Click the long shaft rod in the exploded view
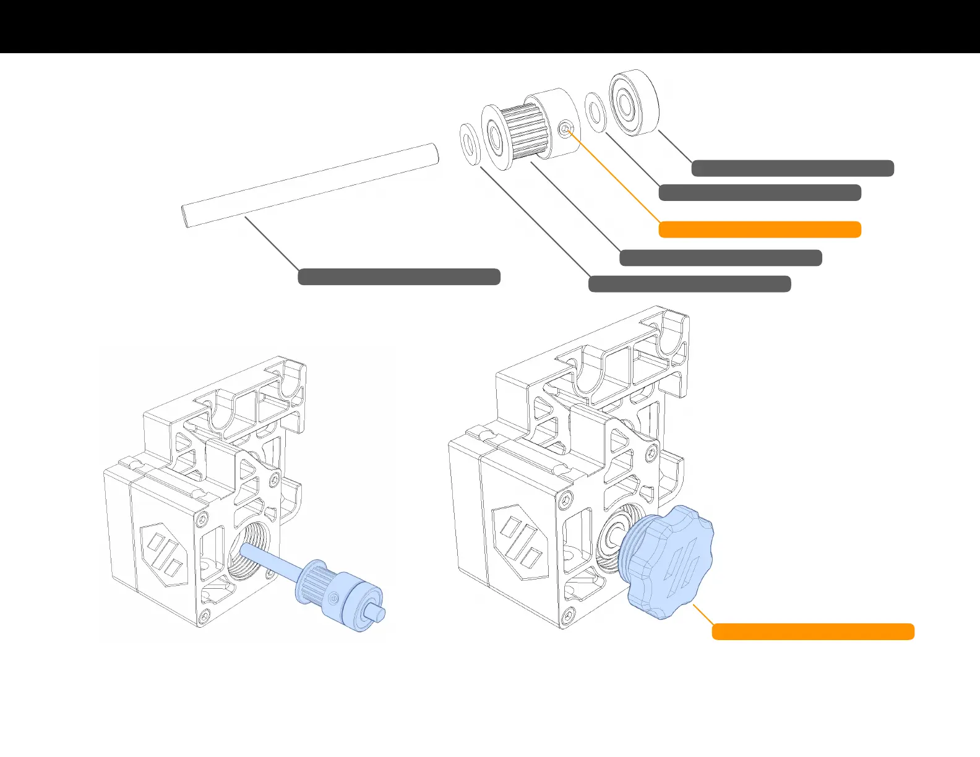pos(309,185)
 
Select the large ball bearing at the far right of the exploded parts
pos(634,103)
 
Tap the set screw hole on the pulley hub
pos(565,129)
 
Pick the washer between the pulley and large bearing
pos(596,113)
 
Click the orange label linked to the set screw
pos(759,229)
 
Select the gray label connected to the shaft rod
pos(399,276)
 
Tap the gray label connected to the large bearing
pos(792,168)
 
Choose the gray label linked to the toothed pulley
pos(720,258)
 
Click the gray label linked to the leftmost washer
pos(689,284)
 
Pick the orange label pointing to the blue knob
pos(812,631)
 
